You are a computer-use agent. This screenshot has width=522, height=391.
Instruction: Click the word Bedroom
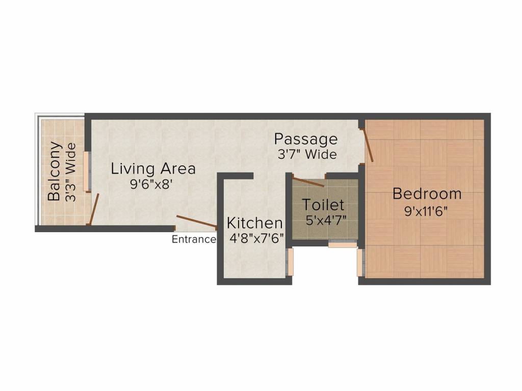click(x=427, y=194)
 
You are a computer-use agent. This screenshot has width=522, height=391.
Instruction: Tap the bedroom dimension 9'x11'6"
click(x=426, y=211)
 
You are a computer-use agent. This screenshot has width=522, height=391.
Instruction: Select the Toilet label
click(x=323, y=205)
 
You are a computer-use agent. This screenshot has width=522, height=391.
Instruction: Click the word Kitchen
click(x=254, y=223)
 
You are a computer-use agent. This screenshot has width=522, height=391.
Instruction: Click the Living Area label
click(x=153, y=169)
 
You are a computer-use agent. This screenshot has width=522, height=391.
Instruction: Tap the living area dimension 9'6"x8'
click(x=153, y=184)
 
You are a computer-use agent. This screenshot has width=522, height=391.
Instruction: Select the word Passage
click(x=306, y=139)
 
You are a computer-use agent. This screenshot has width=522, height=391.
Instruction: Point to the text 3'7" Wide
click(x=306, y=154)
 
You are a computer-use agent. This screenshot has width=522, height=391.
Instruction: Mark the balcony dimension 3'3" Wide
click(x=71, y=172)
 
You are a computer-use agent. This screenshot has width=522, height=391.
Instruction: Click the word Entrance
click(x=193, y=240)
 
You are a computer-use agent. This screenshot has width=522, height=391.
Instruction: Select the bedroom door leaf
click(x=368, y=145)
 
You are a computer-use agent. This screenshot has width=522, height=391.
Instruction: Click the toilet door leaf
click(x=308, y=182)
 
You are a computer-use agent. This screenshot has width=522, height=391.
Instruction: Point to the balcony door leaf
click(x=93, y=209)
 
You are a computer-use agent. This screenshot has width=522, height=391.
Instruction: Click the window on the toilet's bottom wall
click(x=342, y=245)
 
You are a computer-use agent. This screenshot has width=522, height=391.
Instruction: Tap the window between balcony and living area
click(x=87, y=171)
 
